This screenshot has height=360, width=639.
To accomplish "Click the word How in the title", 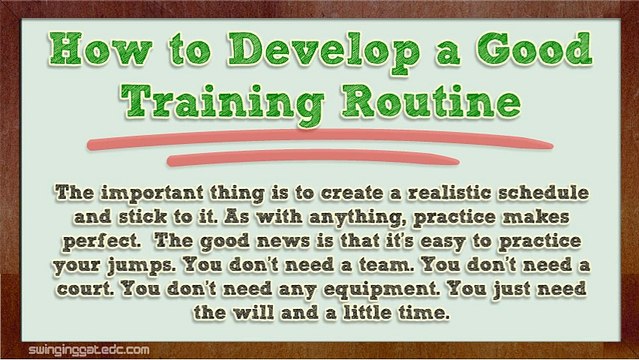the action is coord(100,49).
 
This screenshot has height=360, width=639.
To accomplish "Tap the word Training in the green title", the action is coord(223,103).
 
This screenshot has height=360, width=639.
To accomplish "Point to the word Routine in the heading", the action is coord(431,101).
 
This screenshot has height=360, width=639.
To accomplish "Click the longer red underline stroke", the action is coord(320,138).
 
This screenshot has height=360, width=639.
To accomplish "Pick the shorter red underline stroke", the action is coord(313,157).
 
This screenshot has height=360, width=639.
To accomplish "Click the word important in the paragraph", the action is coord(152,193).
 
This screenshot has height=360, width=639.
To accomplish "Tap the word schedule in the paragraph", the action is coord(543,192).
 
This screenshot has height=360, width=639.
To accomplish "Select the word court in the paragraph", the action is coord(85,289).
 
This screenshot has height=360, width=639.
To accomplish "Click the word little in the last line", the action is coord(366,312).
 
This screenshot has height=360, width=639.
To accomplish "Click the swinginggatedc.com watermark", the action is coord(89,350).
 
